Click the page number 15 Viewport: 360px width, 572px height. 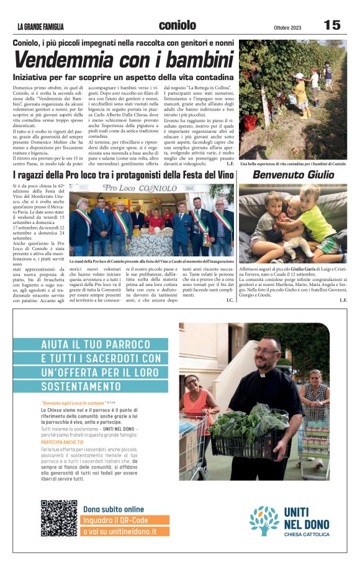pos(332,25)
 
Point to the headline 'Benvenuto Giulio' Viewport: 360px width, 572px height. pos(292,175)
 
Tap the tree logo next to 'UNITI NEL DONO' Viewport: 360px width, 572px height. pos(264,521)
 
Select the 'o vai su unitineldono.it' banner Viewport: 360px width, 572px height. pos(117,532)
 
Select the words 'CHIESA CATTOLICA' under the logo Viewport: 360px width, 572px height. pos(307,534)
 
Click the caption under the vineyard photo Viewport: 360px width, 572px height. pos(292,163)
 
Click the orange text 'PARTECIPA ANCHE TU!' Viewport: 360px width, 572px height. pos(61,442)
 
